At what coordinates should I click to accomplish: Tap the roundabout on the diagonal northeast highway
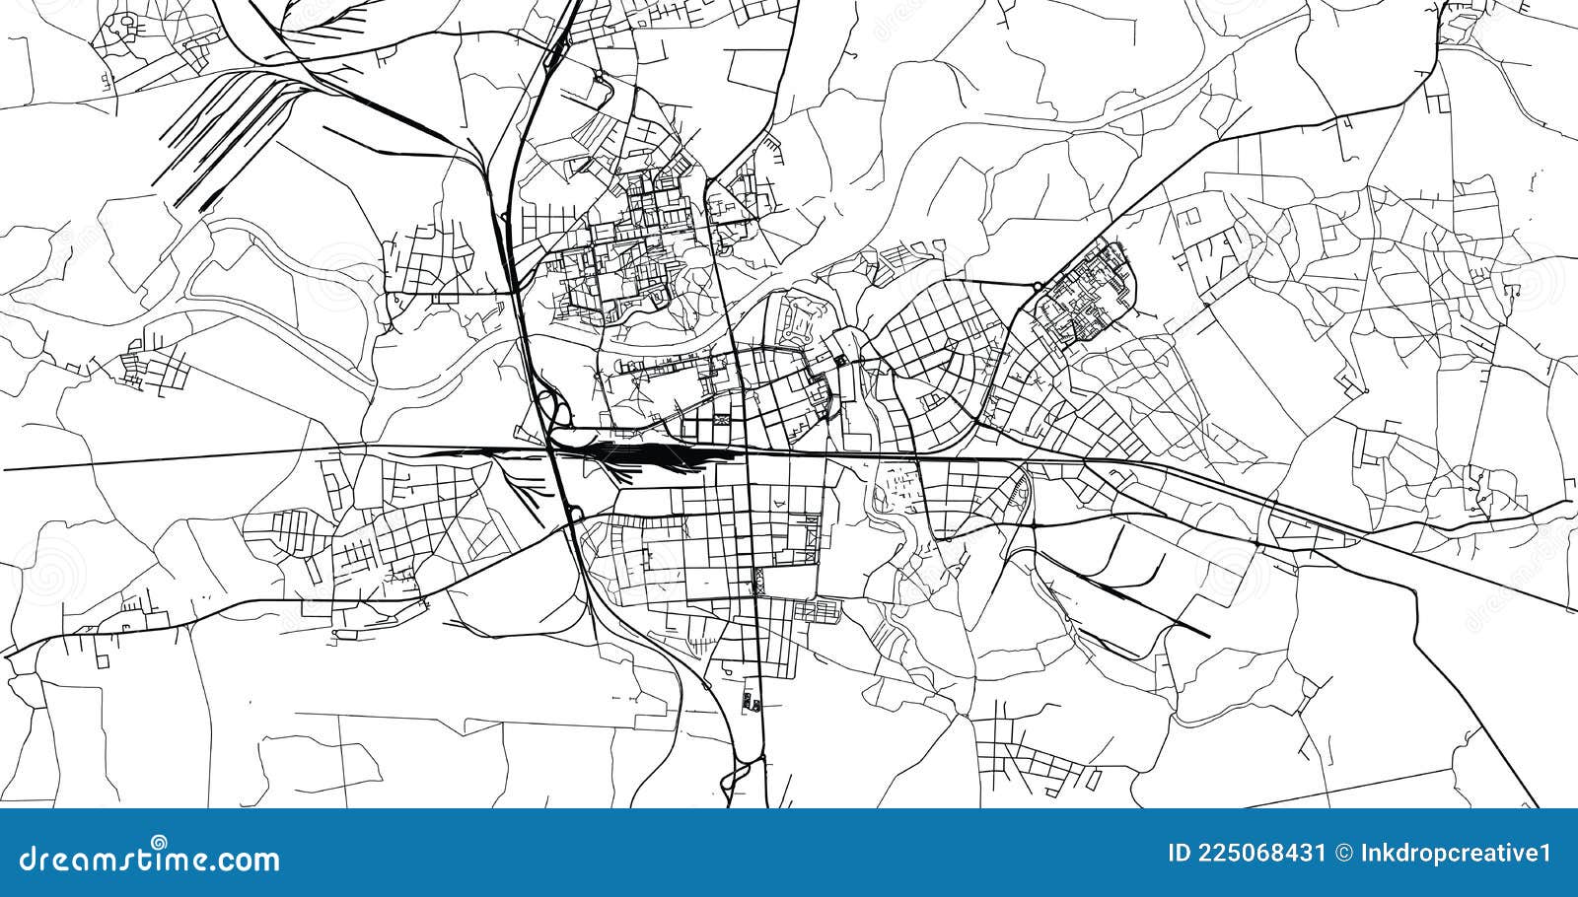pos(1038,287)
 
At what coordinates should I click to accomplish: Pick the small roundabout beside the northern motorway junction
pos(599,75)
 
